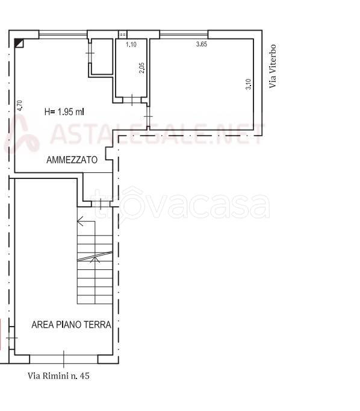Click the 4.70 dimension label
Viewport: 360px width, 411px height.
point(20,105)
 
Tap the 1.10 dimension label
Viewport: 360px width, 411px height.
point(131,45)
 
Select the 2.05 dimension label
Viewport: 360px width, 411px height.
point(141,67)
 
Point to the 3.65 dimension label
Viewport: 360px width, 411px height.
point(202,44)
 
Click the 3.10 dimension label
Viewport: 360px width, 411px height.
point(249,84)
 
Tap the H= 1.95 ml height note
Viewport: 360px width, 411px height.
point(64,112)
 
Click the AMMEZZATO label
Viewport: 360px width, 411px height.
point(72,160)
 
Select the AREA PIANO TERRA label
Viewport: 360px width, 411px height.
point(71,324)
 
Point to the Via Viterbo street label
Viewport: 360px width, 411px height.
point(273,66)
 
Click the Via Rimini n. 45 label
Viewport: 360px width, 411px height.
point(58,376)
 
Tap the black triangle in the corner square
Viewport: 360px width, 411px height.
point(18,42)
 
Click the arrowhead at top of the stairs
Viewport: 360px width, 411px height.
point(80,221)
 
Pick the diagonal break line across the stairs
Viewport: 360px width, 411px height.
point(95,256)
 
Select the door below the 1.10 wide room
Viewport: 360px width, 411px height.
point(132,100)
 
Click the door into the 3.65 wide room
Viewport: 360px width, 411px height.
point(149,116)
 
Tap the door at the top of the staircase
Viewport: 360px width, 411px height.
point(101,204)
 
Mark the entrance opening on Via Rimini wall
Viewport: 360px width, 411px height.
point(64,359)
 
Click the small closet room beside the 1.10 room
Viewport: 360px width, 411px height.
point(102,57)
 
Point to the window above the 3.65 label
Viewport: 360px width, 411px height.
point(184,34)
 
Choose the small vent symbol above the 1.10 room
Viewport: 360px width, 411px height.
point(122,34)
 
